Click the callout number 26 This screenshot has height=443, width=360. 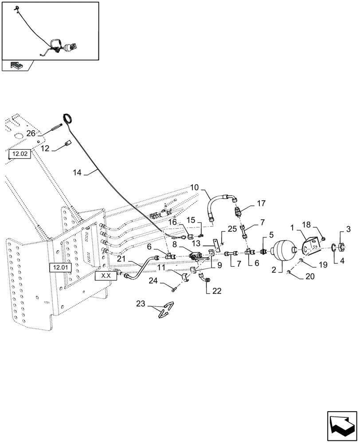(30, 132)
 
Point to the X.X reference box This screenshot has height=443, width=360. (105, 275)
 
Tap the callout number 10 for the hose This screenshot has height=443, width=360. (195, 187)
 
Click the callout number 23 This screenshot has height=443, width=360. (141, 305)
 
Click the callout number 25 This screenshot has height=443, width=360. (232, 229)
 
